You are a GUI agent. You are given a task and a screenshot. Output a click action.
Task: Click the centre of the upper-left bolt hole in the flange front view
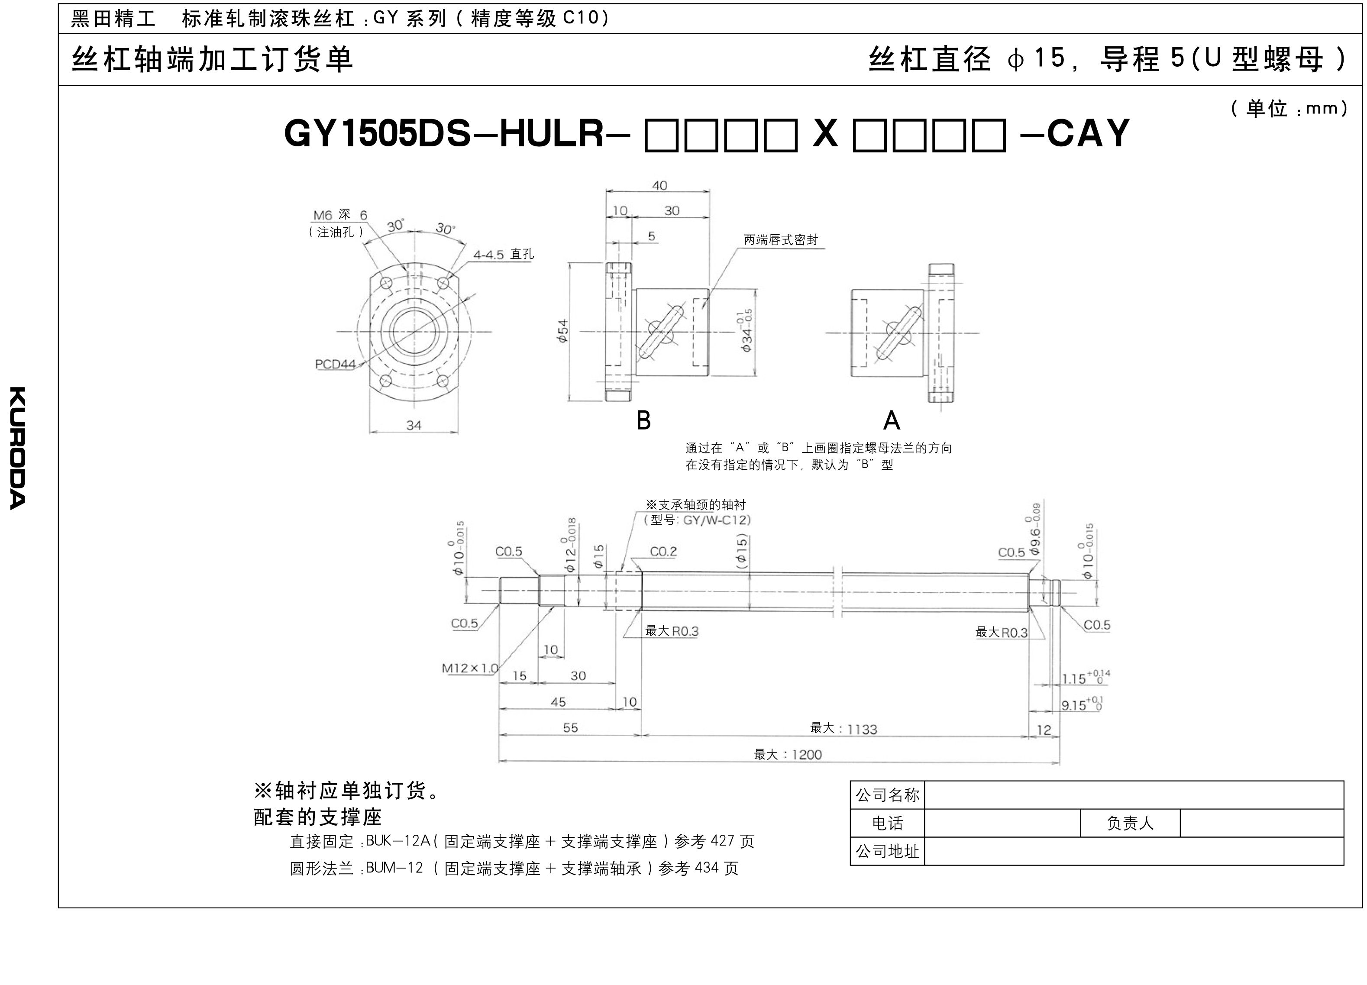(386, 283)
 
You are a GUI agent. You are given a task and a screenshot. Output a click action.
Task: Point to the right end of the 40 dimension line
(709, 192)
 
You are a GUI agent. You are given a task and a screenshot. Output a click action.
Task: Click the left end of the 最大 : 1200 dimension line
(499, 762)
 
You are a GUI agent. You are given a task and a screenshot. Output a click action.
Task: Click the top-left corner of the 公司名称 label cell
(850, 781)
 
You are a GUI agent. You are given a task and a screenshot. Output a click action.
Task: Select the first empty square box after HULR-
(662, 135)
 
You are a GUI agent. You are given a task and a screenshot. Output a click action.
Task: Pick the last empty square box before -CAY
(989, 135)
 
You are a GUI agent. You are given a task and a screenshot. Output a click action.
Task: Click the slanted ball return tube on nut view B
(661, 332)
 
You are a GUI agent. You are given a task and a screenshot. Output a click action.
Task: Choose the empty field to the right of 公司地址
(1134, 851)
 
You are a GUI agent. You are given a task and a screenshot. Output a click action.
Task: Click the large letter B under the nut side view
(644, 420)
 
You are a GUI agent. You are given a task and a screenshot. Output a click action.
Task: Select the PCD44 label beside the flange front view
(335, 364)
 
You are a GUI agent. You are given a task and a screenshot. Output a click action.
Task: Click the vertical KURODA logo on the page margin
(17, 448)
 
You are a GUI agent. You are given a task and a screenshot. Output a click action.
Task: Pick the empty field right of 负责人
(1261, 823)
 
